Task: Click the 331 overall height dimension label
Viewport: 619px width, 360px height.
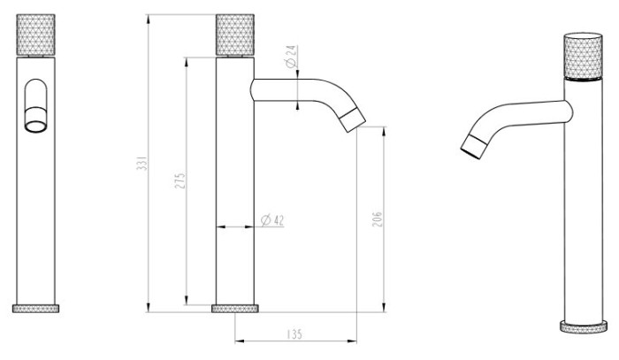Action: [x=142, y=163]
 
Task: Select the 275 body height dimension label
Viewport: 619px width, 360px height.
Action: [x=180, y=180]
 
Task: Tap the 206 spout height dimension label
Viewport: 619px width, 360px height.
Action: [x=378, y=219]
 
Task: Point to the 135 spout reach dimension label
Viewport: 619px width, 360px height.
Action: [x=294, y=334]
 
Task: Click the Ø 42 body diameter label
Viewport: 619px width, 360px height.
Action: [x=272, y=220]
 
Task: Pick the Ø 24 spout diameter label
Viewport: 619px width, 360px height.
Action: [x=291, y=56]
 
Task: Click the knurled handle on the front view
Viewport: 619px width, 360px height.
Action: [x=36, y=34]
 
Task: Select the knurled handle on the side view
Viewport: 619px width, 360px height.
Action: [x=235, y=34]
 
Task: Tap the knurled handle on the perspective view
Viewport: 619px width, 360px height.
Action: [x=583, y=56]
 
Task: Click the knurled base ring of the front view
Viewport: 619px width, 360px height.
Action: [x=36, y=309]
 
